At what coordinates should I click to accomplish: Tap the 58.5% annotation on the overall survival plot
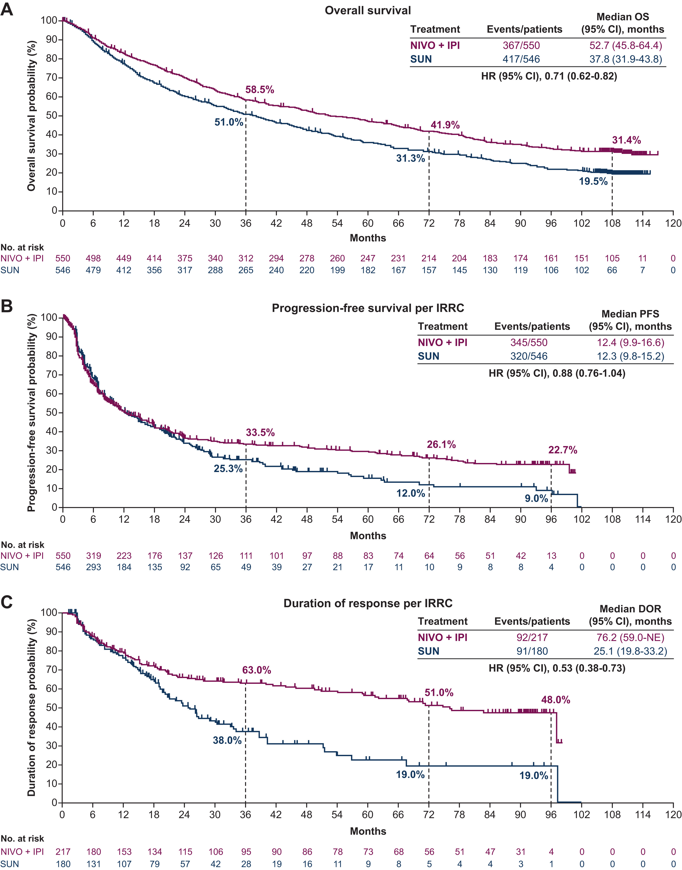[x=259, y=90]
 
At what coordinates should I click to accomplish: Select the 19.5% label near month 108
[x=593, y=182]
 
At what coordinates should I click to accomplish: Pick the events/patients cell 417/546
[x=521, y=59]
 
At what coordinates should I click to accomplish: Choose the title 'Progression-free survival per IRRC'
[x=368, y=308]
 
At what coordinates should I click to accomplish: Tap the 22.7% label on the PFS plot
[x=563, y=450]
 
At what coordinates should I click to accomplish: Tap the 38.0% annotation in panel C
[x=227, y=740]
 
